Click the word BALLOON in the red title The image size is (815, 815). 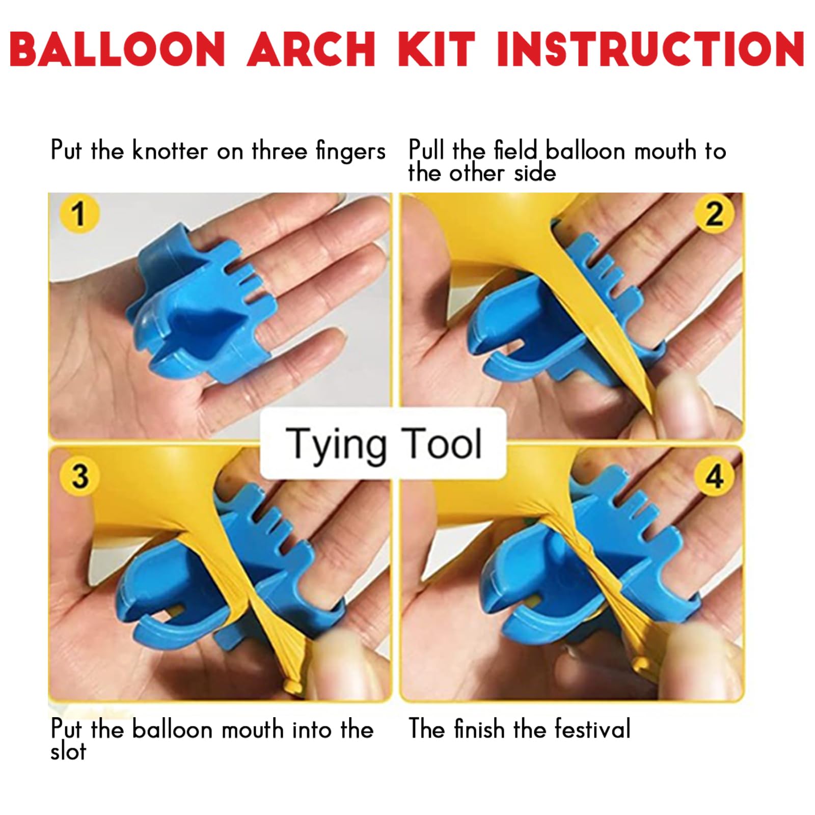coord(117,49)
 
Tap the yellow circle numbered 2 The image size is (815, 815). coord(714,213)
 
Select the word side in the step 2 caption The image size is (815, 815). coord(534,173)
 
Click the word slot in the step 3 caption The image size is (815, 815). coord(68,752)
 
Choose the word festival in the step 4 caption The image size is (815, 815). coord(592,728)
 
